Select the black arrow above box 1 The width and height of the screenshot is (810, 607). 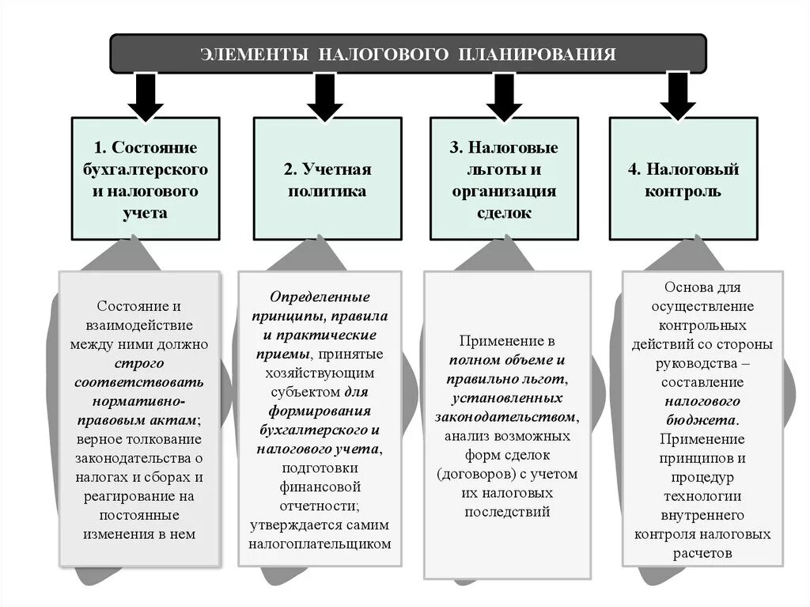click(146, 96)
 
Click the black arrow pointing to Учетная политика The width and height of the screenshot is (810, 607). click(324, 96)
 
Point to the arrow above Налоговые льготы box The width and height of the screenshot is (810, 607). click(505, 96)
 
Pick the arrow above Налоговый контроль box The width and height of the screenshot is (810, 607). click(678, 96)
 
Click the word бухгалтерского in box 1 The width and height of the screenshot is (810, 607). click(146, 170)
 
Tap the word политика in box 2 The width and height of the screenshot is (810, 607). click(327, 192)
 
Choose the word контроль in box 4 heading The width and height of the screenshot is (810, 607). click(683, 192)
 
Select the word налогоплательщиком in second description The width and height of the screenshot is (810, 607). click(320, 544)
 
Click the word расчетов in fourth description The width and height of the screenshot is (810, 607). click(702, 554)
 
